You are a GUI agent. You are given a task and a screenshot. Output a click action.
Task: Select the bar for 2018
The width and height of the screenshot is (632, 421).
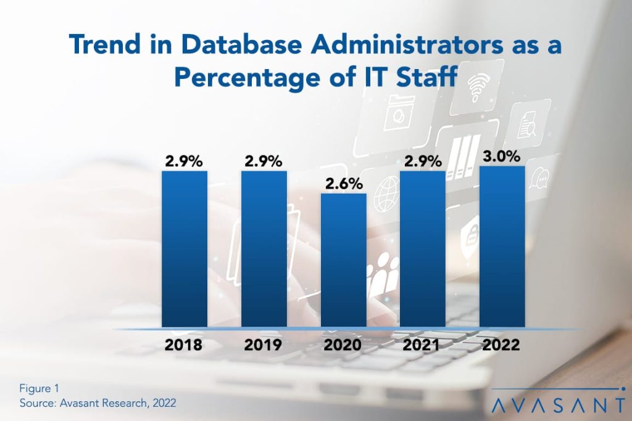click(x=184, y=249)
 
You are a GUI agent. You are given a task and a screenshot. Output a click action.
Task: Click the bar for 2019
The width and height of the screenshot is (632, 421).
click(x=264, y=249)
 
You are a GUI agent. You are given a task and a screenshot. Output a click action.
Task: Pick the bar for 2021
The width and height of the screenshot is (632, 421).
click(x=423, y=249)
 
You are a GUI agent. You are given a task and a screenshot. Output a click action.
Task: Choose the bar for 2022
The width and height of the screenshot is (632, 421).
click(x=502, y=247)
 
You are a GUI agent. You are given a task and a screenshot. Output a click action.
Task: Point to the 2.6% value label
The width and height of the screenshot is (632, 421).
click(x=343, y=184)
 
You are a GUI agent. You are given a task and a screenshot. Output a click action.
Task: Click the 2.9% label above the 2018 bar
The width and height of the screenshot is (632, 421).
click(x=184, y=161)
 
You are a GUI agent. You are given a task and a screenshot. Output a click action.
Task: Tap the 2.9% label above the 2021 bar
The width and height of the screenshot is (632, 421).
click(x=423, y=161)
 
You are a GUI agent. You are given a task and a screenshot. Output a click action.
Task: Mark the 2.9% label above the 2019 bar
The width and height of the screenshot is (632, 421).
click(x=264, y=161)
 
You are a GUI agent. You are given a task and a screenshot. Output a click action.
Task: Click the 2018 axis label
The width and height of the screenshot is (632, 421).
click(x=184, y=345)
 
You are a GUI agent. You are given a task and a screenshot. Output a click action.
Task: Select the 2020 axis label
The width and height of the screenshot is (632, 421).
click(x=343, y=345)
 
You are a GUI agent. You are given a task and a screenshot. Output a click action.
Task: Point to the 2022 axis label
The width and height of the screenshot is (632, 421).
click(x=502, y=345)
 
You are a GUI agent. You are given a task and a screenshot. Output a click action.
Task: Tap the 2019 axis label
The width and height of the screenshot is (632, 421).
click(x=264, y=345)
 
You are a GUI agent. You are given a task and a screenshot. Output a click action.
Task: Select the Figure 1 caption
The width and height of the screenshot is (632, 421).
click(x=39, y=388)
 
